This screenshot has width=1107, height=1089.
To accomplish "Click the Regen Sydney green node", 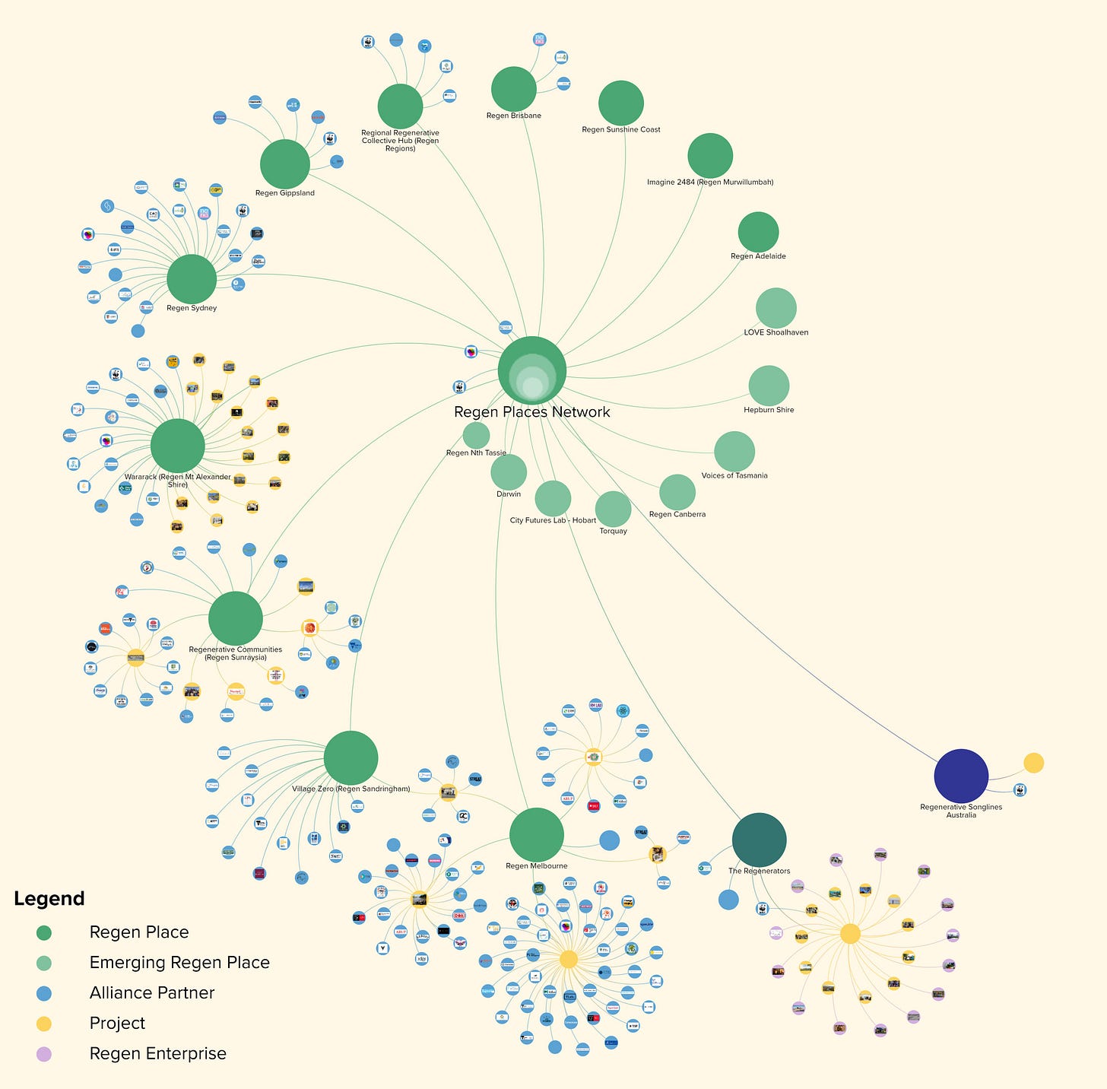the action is click(x=192, y=279).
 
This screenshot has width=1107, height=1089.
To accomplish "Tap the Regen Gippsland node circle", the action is click(x=285, y=164).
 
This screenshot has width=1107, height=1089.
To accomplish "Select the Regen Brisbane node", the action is click(x=514, y=89).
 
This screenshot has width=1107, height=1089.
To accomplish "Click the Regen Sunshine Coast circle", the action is click(x=621, y=103).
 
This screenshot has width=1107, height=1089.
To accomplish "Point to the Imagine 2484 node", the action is click(x=710, y=156).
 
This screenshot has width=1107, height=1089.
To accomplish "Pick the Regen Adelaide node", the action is click(x=758, y=232).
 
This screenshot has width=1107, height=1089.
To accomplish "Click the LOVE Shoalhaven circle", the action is click(x=776, y=308).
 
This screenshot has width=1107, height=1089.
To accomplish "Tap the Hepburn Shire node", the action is click(x=769, y=386).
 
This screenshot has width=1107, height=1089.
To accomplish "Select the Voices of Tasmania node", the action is click(x=734, y=451).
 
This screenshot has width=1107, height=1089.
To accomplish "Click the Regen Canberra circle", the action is click(x=677, y=492).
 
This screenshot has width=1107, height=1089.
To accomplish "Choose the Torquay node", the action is click(x=613, y=509).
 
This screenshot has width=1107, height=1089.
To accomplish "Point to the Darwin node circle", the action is click(x=509, y=472).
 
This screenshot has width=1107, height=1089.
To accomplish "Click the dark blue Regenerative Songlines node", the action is click(x=961, y=776).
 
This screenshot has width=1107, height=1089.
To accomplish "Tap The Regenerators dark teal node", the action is click(x=759, y=840).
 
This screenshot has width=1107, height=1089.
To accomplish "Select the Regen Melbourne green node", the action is click(x=537, y=835).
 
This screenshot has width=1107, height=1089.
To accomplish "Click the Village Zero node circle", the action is click(x=350, y=758).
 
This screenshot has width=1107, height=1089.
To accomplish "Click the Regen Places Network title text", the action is click(x=532, y=412).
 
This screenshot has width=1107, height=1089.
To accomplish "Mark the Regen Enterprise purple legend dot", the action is click(x=44, y=1054).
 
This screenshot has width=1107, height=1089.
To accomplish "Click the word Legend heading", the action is click(x=49, y=899).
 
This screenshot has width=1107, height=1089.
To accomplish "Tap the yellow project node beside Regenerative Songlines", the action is click(x=1033, y=763).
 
